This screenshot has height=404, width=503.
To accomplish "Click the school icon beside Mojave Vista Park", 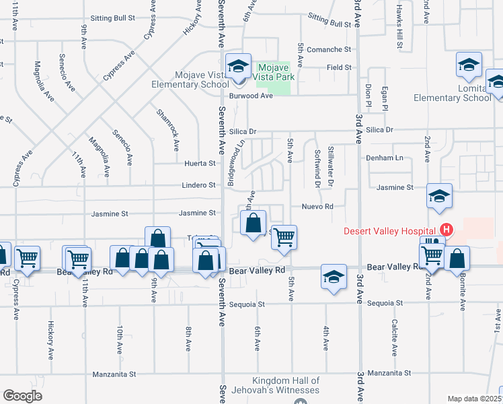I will click(238, 67).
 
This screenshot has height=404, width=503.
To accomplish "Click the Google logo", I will click(22, 395).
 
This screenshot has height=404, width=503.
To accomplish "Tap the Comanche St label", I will click(329, 49).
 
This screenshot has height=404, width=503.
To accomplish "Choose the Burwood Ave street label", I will click(253, 96).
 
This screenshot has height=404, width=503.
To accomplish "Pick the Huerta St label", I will click(200, 163).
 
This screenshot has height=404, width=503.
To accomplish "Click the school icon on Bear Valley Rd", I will click(334, 277).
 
